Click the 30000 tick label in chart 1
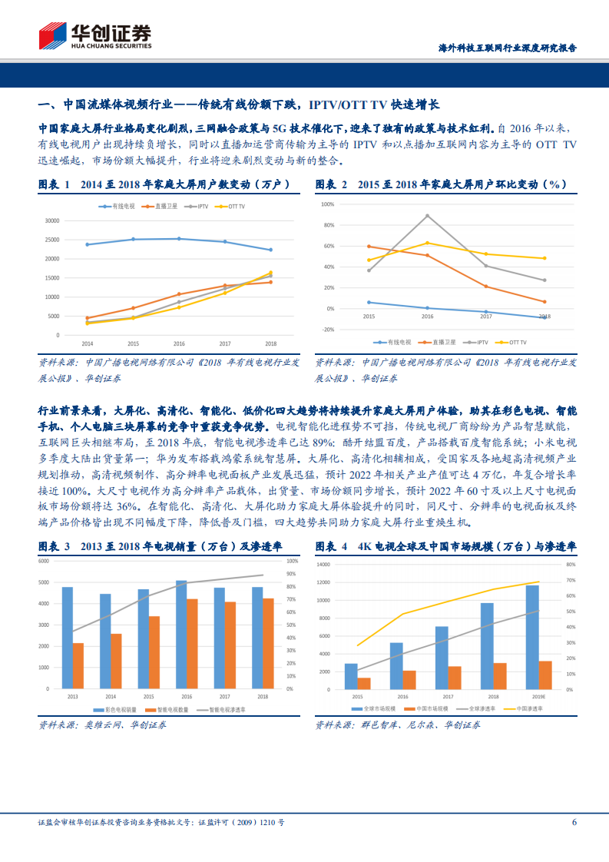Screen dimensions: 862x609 click(52, 220)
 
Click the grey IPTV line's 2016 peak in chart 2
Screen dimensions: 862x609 click(427, 215)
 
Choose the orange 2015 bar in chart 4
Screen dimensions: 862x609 click(364, 682)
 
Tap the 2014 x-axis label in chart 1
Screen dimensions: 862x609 click(87, 343)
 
